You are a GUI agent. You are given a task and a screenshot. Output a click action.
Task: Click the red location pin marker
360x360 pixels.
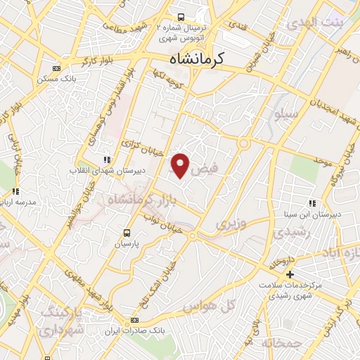[x=181, y=165]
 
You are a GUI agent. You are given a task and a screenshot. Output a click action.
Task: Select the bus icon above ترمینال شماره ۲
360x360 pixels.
[x=181, y=17]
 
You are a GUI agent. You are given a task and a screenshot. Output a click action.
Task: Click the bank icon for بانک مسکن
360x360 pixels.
[x=57, y=69]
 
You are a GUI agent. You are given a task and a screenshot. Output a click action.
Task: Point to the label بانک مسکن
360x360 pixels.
[x=57, y=79]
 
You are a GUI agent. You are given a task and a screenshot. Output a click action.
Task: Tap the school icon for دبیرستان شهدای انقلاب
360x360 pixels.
[x=106, y=160]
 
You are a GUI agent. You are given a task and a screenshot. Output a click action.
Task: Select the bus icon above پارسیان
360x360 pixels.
[x=127, y=233]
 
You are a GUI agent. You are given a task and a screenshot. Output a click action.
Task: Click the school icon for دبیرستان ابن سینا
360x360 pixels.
[x=312, y=203]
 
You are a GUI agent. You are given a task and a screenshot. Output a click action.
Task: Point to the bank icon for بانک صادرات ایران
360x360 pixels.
[x=134, y=320]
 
